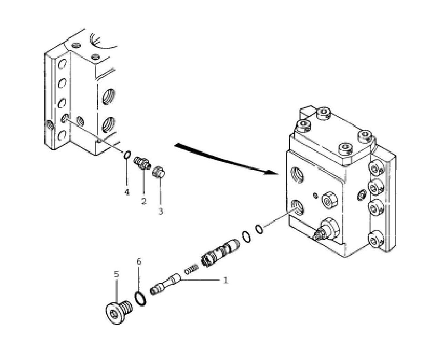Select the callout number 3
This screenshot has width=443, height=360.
[x=161, y=212]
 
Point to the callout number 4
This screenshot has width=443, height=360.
[x=127, y=192]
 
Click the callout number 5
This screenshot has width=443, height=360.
[x=117, y=274]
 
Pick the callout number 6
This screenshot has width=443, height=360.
[x=139, y=261]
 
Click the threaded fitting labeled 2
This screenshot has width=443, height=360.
[x=141, y=163]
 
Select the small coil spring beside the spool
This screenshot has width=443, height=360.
[x=191, y=269]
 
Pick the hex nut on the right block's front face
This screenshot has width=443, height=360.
[x=329, y=200]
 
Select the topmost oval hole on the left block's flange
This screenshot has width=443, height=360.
[x=62, y=64]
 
